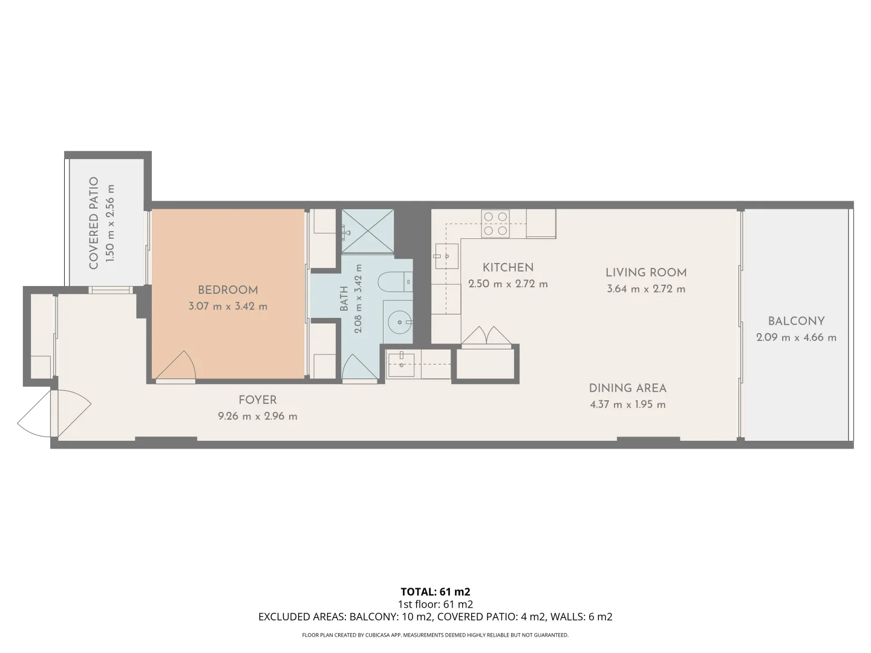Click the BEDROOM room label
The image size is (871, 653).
click(x=228, y=290)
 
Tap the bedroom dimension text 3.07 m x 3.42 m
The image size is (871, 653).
click(x=228, y=306)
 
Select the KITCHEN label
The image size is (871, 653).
click(x=508, y=268)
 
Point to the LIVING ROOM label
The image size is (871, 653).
click(x=646, y=273)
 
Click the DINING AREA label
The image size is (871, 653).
click(x=628, y=388)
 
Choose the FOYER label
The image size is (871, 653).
click(x=258, y=400)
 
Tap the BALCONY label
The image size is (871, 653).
click(x=796, y=321)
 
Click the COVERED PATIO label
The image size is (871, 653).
click(x=94, y=223)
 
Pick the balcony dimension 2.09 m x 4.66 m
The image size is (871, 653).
click(x=796, y=337)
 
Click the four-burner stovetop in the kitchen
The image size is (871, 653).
click(x=495, y=224)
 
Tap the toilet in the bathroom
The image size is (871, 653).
click(x=395, y=282)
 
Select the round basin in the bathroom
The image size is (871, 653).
click(x=399, y=322)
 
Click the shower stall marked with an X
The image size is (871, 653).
click(x=368, y=231)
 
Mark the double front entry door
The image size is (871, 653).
click(x=54, y=414)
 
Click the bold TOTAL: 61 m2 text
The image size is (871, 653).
click(x=435, y=592)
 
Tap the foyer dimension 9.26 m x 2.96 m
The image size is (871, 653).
click(x=258, y=417)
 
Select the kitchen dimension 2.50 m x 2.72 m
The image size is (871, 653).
click(x=508, y=284)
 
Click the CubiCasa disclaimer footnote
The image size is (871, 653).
click(x=435, y=635)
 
